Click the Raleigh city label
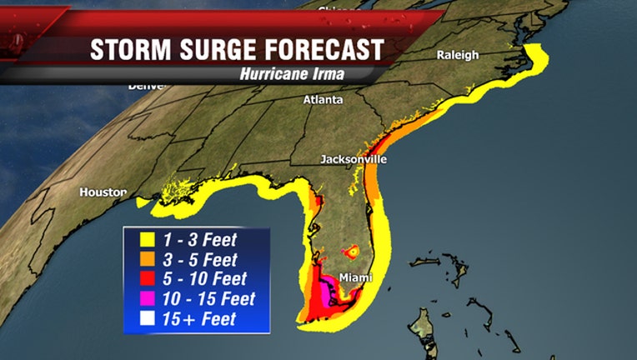tap(458, 55)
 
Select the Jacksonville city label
tap(354, 159)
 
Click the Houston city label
tap(103, 192)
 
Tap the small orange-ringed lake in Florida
tap(352, 250)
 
